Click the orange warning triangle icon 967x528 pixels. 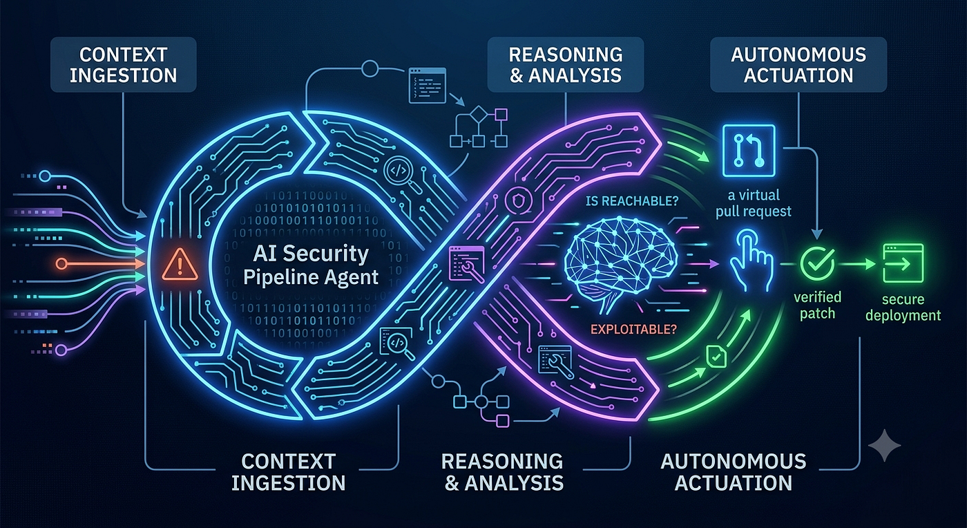(180, 265)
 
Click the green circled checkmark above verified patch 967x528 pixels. (817, 263)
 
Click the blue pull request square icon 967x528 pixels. (749, 151)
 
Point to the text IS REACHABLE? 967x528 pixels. (631, 201)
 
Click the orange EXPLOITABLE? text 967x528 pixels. (633, 329)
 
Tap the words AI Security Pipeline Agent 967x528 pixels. (311, 265)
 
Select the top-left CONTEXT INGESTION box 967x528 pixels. (124, 65)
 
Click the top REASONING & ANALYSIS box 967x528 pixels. (566, 65)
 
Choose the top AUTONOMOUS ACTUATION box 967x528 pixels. (798, 65)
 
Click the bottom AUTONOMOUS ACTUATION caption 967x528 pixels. (733, 472)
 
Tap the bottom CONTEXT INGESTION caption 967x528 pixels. (289, 472)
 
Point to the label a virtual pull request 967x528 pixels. (754, 203)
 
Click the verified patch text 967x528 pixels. (817, 305)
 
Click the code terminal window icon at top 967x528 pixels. (428, 85)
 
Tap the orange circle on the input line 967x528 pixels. (61, 263)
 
